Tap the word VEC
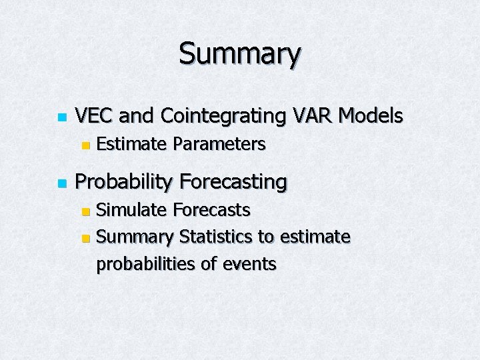point(94,116)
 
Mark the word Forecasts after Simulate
point(211,210)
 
